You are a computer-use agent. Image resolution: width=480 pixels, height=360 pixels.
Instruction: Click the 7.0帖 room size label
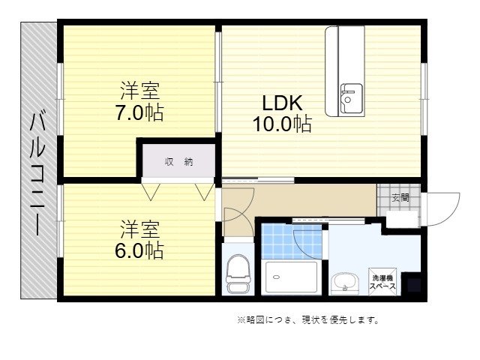(x=139, y=113)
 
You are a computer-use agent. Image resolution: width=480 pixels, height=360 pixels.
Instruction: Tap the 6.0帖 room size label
(x=139, y=250)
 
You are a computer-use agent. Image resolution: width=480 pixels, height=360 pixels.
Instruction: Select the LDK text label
(x=282, y=103)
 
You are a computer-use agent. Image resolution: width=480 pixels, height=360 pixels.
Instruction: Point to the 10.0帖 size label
(x=282, y=124)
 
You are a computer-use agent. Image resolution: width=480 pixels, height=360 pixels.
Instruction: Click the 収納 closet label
(x=178, y=162)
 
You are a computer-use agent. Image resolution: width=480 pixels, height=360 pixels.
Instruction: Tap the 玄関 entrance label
(x=400, y=198)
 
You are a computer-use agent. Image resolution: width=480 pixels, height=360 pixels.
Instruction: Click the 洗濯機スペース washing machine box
(x=382, y=282)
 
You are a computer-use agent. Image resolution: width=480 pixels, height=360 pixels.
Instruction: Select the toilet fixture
(x=238, y=273)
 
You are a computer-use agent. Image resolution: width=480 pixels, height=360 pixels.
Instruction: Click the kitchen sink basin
(x=352, y=98)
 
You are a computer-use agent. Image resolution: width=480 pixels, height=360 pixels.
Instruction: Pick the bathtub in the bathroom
(x=291, y=277)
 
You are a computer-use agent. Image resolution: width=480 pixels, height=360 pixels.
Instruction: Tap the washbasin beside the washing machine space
(x=345, y=283)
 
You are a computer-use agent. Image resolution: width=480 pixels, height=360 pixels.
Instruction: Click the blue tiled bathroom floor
(x=292, y=241)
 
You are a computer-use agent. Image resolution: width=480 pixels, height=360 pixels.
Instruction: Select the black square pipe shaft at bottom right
(x=414, y=285)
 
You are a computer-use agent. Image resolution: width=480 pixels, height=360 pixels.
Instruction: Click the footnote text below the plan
(x=308, y=320)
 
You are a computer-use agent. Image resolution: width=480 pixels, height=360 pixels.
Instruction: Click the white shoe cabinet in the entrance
(x=402, y=219)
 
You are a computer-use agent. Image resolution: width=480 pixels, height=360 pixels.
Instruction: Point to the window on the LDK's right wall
(x=424, y=99)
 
